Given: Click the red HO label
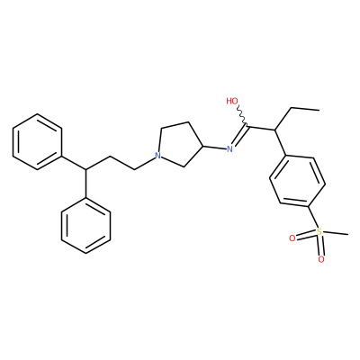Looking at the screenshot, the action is tap(232, 101).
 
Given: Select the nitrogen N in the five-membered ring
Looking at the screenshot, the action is tap(157, 156).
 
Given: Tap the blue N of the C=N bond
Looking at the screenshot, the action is tap(229, 148).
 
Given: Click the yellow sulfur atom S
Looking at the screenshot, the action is tap(319, 231).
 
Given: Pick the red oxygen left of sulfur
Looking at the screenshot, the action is tap(292, 238).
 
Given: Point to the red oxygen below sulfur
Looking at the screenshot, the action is tap(321, 259).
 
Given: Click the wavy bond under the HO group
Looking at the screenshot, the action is tap(242, 115).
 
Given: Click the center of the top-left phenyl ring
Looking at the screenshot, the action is tap(37, 141).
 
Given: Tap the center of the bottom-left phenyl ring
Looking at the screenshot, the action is tap(85, 226).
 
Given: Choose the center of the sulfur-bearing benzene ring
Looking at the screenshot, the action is tap(297, 181).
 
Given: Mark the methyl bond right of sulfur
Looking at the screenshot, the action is tap(336, 233).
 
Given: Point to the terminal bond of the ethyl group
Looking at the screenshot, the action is tap(305, 109).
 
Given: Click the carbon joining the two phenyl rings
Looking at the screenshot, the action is tap(85, 170).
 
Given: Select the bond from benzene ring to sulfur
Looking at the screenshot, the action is tap(312, 217).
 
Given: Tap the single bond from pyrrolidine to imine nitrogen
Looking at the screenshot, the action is tap(214, 148).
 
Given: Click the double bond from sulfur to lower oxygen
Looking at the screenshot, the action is tap(320, 246).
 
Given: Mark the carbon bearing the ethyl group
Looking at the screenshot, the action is tap(274, 130).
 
